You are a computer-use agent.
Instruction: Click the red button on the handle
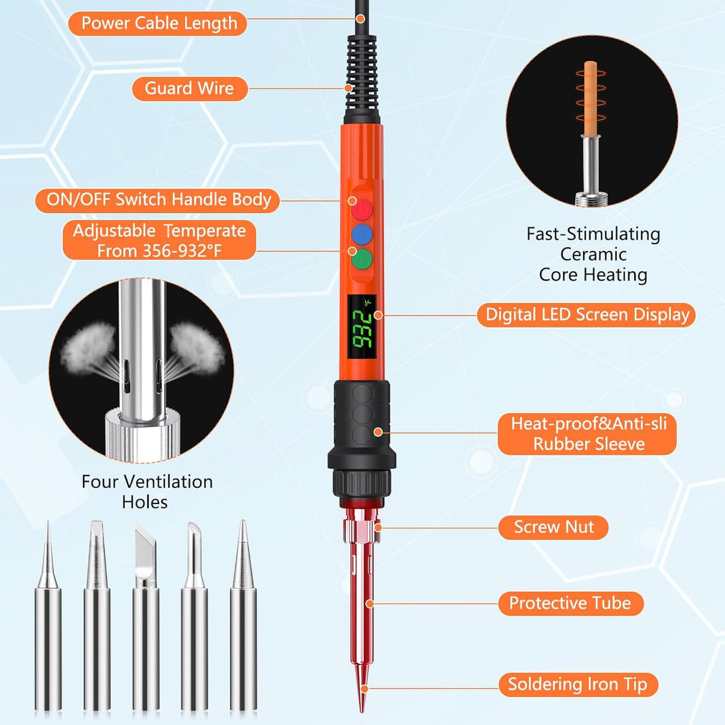pos(361,210)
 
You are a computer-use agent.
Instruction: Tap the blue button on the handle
pos(361,235)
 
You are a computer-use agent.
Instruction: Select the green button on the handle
pos(361,259)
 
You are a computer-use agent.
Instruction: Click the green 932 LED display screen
pos(362,328)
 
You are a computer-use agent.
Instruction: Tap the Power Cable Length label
pos(158,23)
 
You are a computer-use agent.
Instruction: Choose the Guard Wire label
pos(189,88)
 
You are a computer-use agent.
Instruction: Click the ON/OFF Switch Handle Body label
pos(158,199)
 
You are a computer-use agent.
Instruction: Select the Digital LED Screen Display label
pos(586,315)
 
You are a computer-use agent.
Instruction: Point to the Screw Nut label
pos(554,527)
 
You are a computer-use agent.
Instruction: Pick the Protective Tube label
pos(570,603)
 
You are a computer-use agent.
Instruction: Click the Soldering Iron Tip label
pos(577,684)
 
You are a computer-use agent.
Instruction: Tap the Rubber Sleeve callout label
pos(588,434)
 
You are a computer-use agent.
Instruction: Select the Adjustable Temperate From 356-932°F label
pos(159,240)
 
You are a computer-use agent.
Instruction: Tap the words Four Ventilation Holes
pos(146,491)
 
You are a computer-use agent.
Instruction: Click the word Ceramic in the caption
pos(593,254)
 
